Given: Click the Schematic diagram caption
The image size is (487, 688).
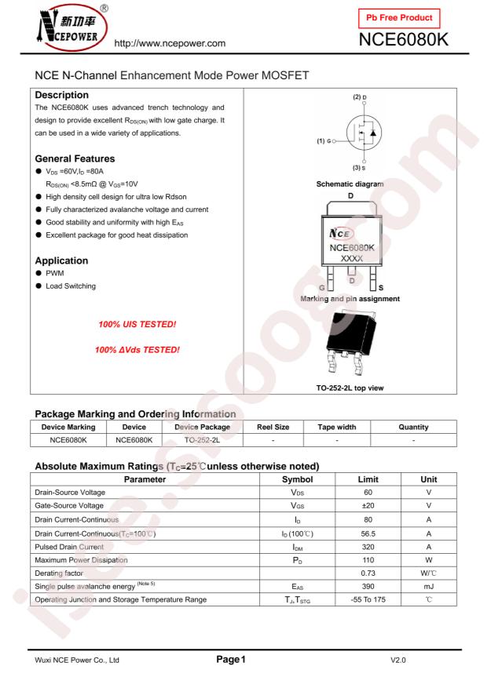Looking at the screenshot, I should click(350, 184).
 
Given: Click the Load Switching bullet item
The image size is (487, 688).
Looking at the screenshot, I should click(70, 286).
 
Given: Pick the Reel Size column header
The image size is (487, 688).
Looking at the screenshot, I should click(273, 427).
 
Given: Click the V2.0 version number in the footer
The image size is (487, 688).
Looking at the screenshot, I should click(398, 661).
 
